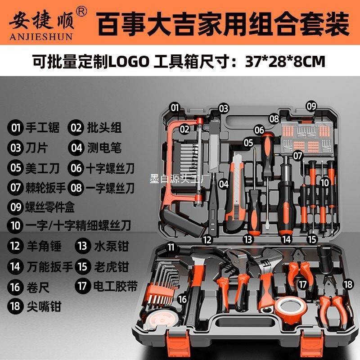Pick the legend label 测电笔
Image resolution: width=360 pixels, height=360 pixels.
tap(104, 148)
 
